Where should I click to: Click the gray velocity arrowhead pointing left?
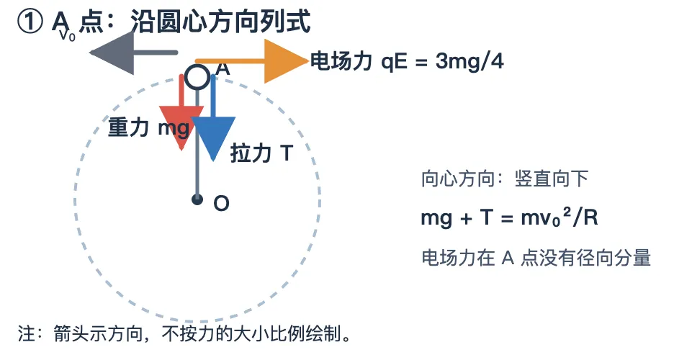[x=112, y=53]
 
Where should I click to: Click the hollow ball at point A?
[x=198, y=77]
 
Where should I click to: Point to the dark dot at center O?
[x=197, y=199]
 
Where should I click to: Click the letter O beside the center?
[x=221, y=203]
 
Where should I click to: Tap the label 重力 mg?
[x=148, y=128]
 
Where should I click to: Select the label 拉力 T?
[x=261, y=153]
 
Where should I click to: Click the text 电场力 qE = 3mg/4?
[x=407, y=61]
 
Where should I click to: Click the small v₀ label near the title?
[x=68, y=35]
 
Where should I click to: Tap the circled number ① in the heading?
[x=30, y=22]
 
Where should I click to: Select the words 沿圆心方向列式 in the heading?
[x=220, y=22]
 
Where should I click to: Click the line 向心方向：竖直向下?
[x=505, y=179]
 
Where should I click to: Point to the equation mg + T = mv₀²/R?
[x=509, y=218]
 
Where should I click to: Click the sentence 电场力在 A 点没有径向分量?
[x=536, y=258]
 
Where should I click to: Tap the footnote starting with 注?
[x=184, y=333]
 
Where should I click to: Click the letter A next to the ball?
[x=223, y=68]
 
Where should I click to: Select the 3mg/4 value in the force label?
[x=469, y=61]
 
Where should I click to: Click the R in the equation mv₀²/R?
[x=591, y=218]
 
